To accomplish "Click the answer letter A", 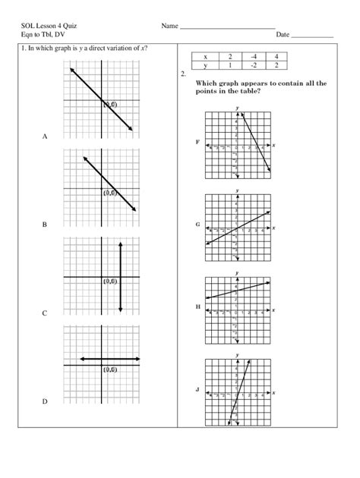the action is pyautogui.click(x=45, y=137).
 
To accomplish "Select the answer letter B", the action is pyautogui.click(x=45, y=225).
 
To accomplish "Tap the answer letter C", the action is pyautogui.click(x=45, y=313).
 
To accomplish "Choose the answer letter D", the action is pyautogui.click(x=45, y=401).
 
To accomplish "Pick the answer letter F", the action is pyautogui.click(x=197, y=142).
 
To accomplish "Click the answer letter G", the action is pyautogui.click(x=197, y=225).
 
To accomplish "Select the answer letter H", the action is pyautogui.click(x=197, y=307).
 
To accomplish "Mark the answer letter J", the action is pyautogui.click(x=197, y=390).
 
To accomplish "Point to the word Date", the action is pyautogui.click(x=283, y=35).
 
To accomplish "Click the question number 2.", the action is pyautogui.click(x=185, y=74).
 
